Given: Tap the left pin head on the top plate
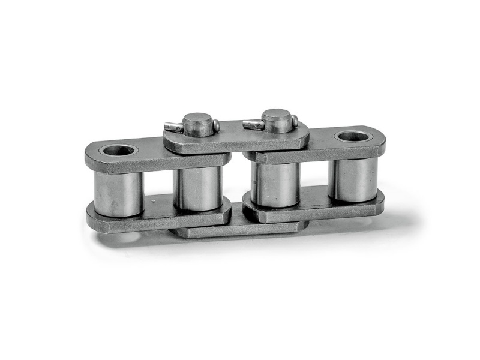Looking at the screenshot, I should coord(198,123).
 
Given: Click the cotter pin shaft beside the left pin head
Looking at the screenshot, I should coord(173,127).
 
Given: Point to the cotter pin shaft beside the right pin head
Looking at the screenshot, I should coord(252,124).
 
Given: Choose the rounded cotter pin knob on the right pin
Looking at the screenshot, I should coord(294,122).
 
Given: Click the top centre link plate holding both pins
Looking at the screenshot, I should coord(237,139).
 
